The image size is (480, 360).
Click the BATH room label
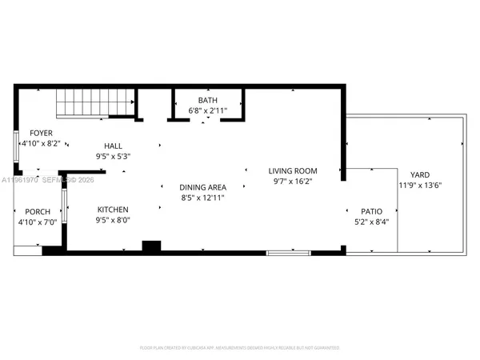tap(208, 100)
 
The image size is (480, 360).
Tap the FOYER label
tap(41, 133)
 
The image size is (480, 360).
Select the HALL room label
tap(112, 146)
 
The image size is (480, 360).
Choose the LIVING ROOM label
tap(292, 170)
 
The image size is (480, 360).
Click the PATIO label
tap(370, 212)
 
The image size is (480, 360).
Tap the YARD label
tap(420, 174)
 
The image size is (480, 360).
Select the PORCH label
tap(38, 212)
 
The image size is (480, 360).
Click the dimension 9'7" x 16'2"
tap(292, 182)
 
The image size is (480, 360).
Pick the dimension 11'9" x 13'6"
tap(420, 186)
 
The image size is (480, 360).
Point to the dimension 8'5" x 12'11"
tap(203, 197)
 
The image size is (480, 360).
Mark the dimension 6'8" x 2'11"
tap(208, 110)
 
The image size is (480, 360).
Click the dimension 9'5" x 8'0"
tap(112, 219)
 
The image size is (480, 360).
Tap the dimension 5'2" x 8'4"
tap(370, 222)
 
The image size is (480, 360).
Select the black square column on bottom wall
tap(150, 246)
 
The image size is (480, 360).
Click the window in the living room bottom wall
tap(288, 253)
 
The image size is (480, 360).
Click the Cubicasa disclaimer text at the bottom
tap(239, 348)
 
